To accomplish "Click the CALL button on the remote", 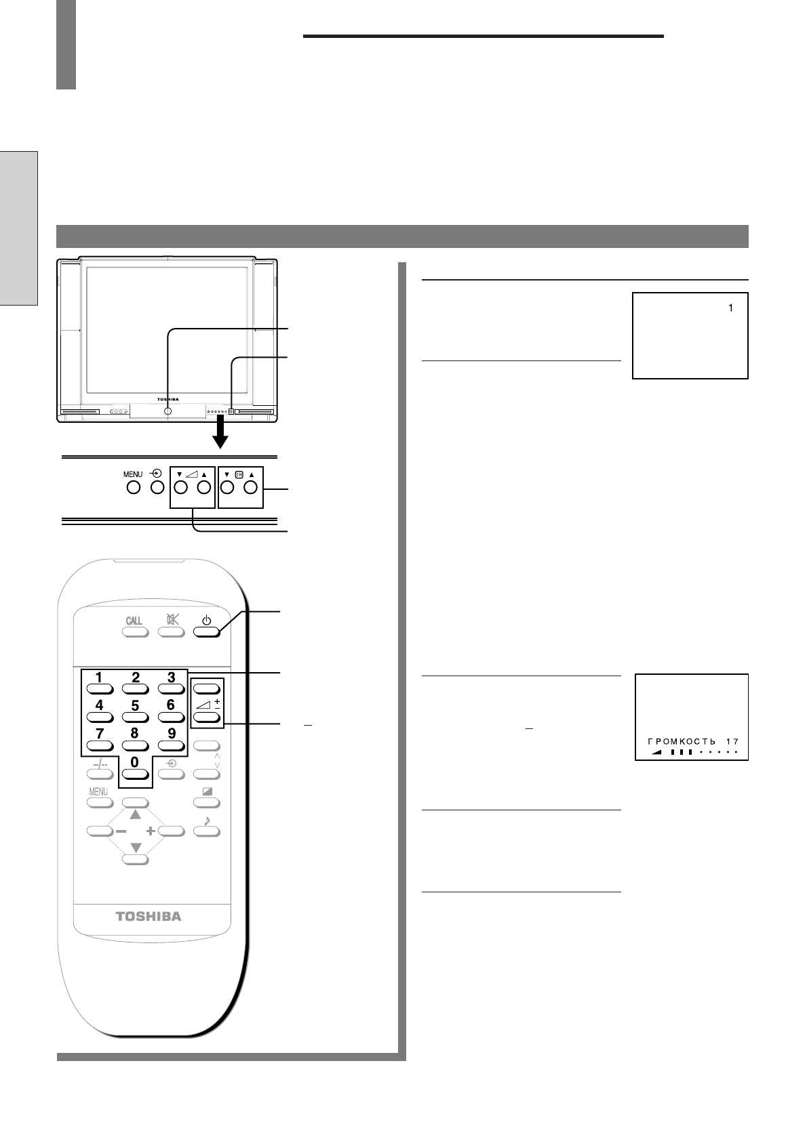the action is pyautogui.click(x=135, y=632).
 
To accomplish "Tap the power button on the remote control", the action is pyautogui.click(x=206, y=632).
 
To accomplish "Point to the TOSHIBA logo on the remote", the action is pyautogui.click(x=149, y=916).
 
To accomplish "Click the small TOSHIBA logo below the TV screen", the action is pyautogui.click(x=168, y=399).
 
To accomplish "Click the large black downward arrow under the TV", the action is pyautogui.click(x=220, y=432).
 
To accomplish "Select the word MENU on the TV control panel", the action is pyautogui.click(x=133, y=474).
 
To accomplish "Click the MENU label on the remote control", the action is pyautogui.click(x=98, y=791).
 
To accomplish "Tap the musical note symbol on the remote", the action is pyautogui.click(x=207, y=820).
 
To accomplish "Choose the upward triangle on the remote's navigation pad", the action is pyautogui.click(x=135, y=814).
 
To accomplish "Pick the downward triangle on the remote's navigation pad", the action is pyautogui.click(x=136, y=848).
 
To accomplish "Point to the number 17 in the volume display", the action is pyautogui.click(x=732, y=742).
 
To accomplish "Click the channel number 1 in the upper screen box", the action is pyautogui.click(x=730, y=308).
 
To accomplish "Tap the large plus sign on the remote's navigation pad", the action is pyautogui.click(x=151, y=831).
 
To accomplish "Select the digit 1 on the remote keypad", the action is pyautogui.click(x=99, y=678).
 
